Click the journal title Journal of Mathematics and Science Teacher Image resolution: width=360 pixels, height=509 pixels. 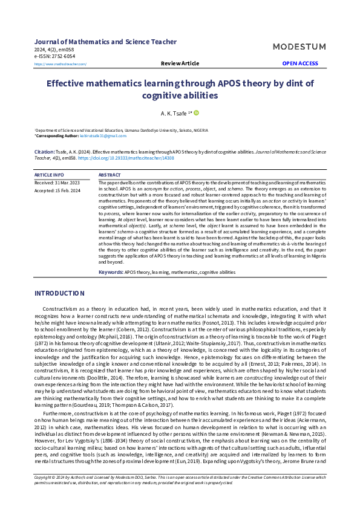(106, 42)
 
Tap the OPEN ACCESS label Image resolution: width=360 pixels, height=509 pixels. (300, 63)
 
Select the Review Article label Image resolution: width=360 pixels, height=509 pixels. (180, 63)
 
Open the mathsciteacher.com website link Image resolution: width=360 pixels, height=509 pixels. (61, 64)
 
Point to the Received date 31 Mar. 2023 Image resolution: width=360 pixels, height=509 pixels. (57, 182)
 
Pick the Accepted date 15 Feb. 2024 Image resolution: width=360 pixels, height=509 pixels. (57, 190)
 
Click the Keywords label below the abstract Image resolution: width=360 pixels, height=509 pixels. (111, 273)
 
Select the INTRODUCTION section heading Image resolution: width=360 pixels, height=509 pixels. (59, 293)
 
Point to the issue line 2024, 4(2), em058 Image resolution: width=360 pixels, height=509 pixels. (54, 49)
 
